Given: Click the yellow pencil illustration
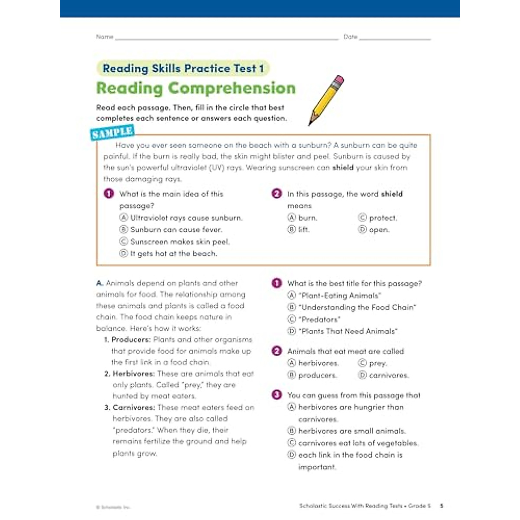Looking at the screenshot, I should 326,101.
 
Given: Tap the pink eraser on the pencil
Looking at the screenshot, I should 339,81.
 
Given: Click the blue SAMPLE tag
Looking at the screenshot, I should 112,133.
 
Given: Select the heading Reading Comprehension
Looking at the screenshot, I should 196,88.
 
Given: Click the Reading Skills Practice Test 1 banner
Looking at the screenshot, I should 183,68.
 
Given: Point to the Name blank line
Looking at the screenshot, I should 226,38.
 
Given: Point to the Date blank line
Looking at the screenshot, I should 395,38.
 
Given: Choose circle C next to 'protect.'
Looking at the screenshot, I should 362,218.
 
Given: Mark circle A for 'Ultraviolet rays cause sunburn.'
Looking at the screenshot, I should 123,218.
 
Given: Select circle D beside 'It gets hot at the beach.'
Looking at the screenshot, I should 123,253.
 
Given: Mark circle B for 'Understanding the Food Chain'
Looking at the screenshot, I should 292,307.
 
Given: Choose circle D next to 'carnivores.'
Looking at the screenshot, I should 362,375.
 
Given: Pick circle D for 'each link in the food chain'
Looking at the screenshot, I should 292,455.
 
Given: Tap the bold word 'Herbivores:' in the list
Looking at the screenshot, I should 133,374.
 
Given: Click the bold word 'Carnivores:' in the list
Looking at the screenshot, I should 133,407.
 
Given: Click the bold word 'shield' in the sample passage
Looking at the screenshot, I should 343,167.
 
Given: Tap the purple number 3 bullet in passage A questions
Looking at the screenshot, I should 276,395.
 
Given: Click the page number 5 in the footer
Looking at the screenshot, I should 442,505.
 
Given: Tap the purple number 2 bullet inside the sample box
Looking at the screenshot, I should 276,194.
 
